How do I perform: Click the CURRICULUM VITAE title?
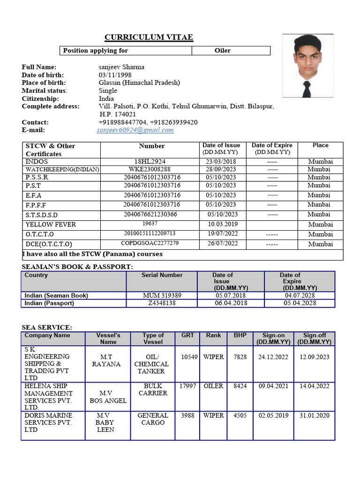[149, 37]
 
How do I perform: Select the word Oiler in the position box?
[223, 51]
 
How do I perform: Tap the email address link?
[135, 130]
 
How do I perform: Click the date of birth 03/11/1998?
[115, 75]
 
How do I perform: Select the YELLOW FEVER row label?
[51, 225]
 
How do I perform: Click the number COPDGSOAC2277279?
[150, 243]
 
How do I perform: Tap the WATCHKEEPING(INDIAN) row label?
[62, 169]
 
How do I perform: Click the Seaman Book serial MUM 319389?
[162, 295]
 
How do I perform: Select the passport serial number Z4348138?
[162, 303]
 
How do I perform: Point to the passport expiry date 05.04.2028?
[300, 303]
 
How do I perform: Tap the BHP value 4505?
[240, 416]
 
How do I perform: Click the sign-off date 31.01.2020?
[315, 416]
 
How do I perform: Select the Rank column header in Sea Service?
[213, 336]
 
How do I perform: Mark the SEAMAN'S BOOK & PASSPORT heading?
[77, 267]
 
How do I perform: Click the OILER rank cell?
[213, 386]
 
